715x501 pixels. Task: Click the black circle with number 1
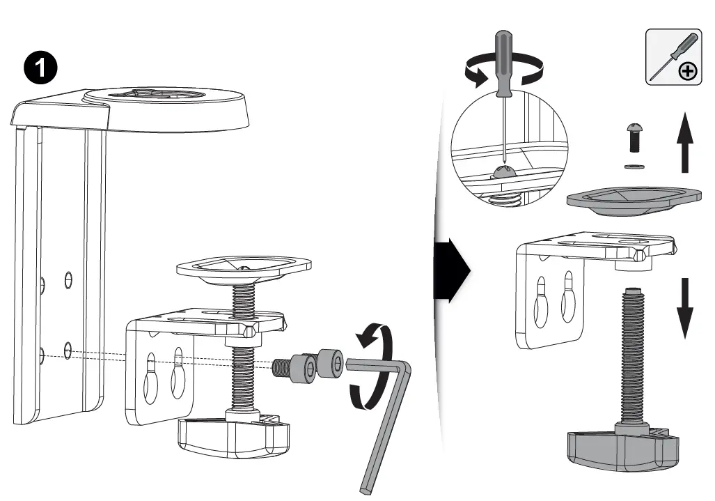[x=41, y=68]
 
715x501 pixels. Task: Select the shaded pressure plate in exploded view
[x=631, y=199]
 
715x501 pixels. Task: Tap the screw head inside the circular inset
[x=504, y=172]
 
